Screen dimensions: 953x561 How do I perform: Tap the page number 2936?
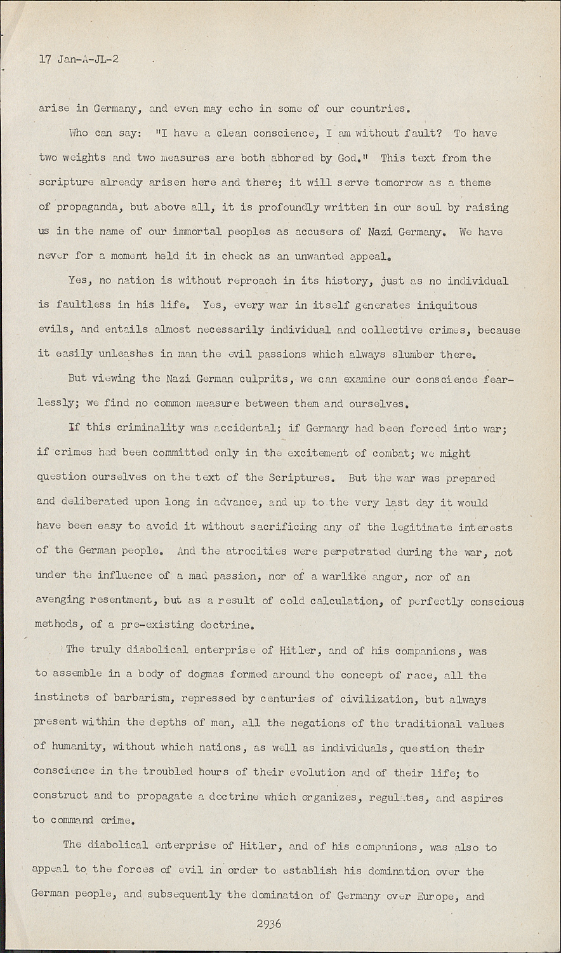pos(269,923)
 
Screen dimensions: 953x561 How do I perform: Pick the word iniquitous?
pos(446,305)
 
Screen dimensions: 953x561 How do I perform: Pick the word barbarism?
pos(144,699)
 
